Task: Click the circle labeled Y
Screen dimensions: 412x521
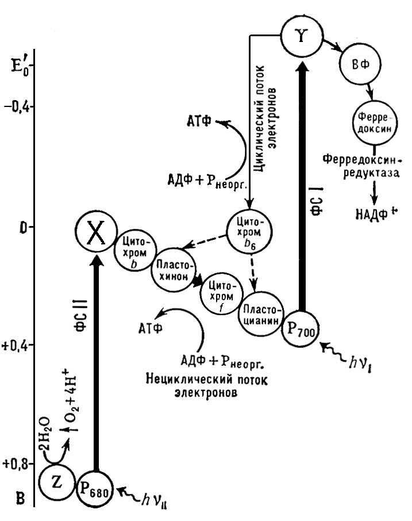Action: [302, 36]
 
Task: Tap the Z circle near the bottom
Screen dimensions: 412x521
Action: [57, 482]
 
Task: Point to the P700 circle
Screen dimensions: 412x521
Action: [301, 328]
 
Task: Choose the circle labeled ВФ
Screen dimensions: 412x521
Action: [360, 64]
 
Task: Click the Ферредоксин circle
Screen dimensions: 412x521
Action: [375, 123]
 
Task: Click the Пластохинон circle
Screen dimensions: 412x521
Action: [174, 271]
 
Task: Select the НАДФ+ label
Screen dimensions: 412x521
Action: [376, 214]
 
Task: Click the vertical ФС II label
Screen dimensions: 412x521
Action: [81, 315]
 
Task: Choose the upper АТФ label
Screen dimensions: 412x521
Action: [199, 121]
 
